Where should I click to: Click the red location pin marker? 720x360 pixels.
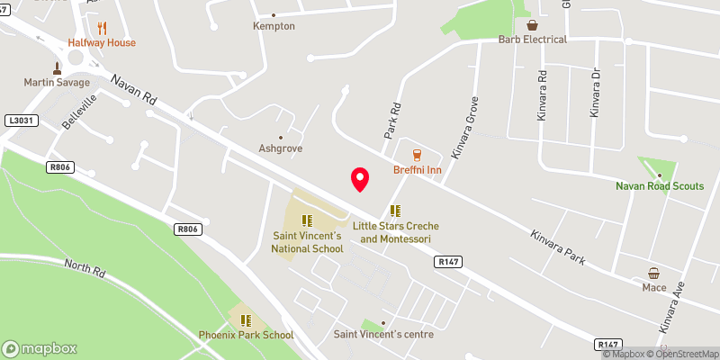tap(360, 178)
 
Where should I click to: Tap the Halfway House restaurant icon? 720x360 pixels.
tap(102, 28)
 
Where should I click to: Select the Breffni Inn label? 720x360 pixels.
tap(416, 170)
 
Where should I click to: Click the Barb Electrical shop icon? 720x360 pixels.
tap(533, 25)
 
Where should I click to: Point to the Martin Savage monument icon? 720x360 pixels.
tap(57, 67)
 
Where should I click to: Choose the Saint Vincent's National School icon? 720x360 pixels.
tap(307, 220)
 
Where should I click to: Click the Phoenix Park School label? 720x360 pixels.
tap(246, 336)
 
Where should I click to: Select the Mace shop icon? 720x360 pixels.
tap(654, 273)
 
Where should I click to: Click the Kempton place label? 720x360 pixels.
tap(274, 26)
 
